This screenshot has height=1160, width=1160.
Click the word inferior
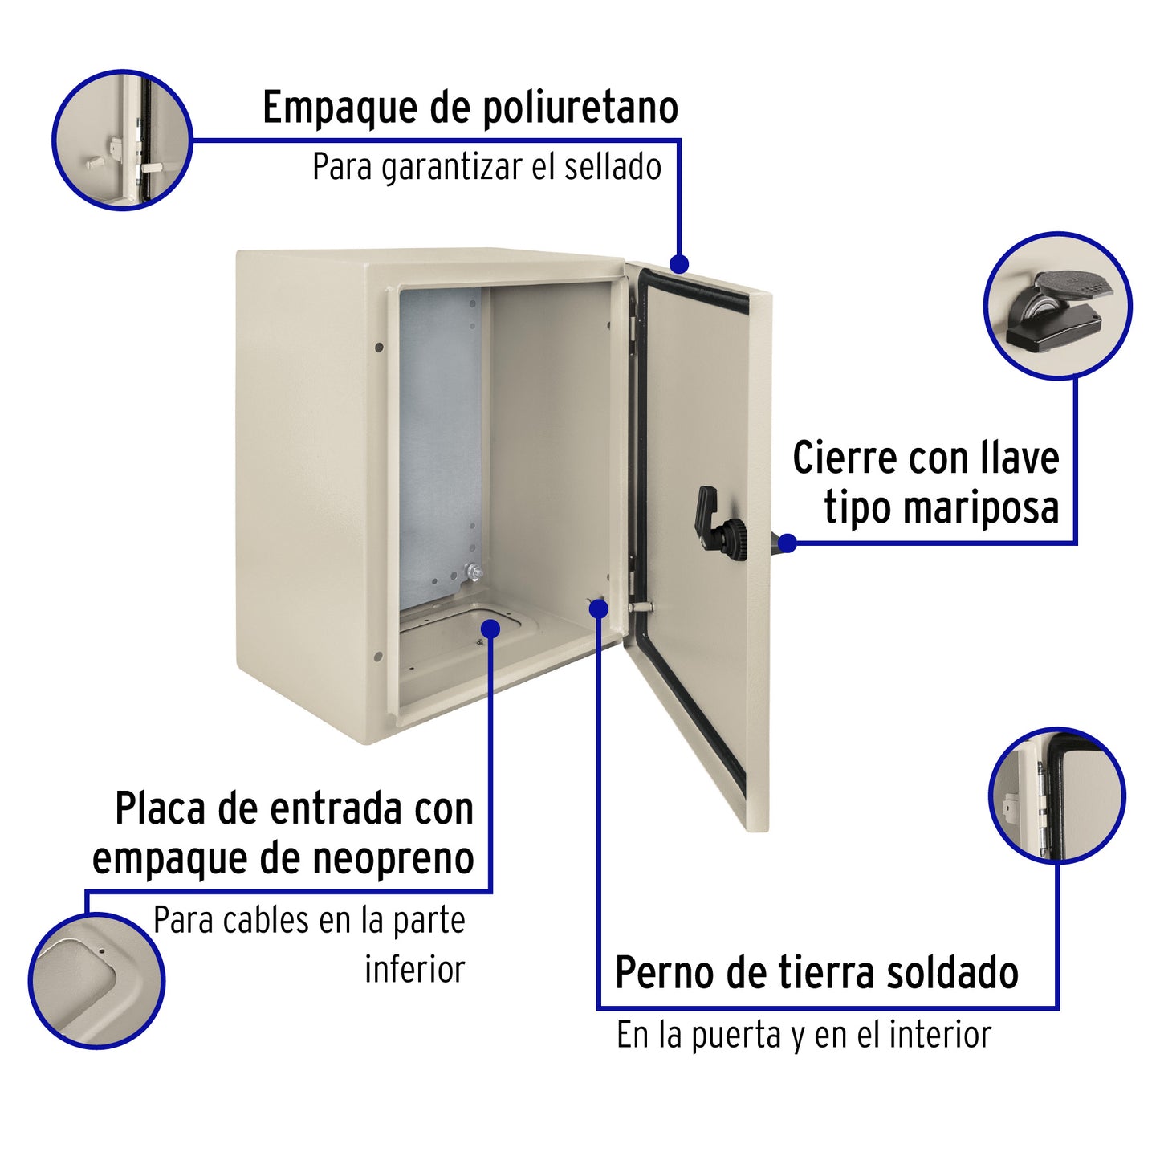pyautogui.click(x=414, y=969)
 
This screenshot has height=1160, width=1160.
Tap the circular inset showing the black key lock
pyautogui.click(x=1056, y=305)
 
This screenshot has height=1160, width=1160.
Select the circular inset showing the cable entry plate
pyautogui.click(x=96, y=980)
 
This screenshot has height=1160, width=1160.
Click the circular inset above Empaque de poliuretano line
pyautogui.click(x=122, y=140)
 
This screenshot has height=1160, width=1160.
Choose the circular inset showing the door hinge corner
pyautogui.click(x=1056, y=796)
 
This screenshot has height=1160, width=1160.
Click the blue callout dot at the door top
pyautogui.click(x=679, y=263)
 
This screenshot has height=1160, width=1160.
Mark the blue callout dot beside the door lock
pyautogui.click(x=788, y=543)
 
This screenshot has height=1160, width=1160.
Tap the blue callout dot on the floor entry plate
pyautogui.click(x=490, y=629)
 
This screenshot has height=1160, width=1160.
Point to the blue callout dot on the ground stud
pyautogui.click(x=598, y=608)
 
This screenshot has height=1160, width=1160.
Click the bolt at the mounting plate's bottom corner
pyautogui.click(x=474, y=572)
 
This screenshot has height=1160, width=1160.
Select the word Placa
pyautogui.click(x=160, y=809)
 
